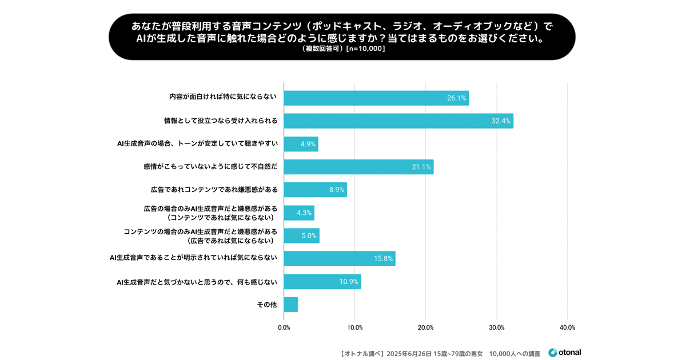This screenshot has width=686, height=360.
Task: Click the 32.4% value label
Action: pyautogui.click(x=501, y=121)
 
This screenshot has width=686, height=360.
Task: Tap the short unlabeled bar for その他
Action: pyautogui.click(x=290, y=305)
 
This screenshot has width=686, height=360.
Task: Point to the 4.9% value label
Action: pyautogui.click(x=308, y=144)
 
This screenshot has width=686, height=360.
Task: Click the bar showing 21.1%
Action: pyautogui.click(x=358, y=167)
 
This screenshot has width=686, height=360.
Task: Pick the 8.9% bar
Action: pyautogui.click(x=315, y=190)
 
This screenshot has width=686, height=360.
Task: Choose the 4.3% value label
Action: pyautogui.click(x=304, y=213)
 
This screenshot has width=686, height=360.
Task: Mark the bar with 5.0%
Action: pyautogui.click(x=301, y=236)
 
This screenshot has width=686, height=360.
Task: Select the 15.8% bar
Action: pyautogui.click(x=340, y=258)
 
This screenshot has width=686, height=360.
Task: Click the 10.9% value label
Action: pyautogui.click(x=349, y=282)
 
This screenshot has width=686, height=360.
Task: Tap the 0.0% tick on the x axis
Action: pyautogui.click(x=284, y=328)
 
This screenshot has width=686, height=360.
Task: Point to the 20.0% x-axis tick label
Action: pyautogui.click(x=426, y=328)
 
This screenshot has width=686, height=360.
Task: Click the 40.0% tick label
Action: pyautogui.click(x=567, y=328)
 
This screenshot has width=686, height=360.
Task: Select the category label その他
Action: pyautogui.click(x=267, y=305)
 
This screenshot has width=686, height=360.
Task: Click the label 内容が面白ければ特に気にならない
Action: pyautogui.click(x=223, y=97)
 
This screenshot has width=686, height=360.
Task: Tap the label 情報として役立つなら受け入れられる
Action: pyautogui.click(x=221, y=121)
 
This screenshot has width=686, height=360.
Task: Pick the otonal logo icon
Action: pyautogui.click(x=553, y=353)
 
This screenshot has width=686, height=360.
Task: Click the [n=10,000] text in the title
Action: pyautogui.click(x=366, y=49)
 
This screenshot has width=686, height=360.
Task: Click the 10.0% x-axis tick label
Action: pyautogui.click(x=355, y=328)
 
